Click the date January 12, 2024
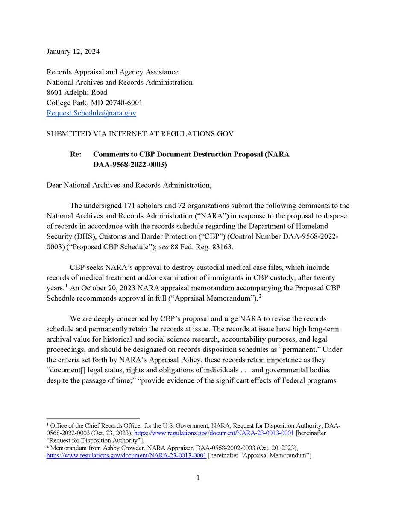[73, 52]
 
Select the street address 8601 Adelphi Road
[77, 92]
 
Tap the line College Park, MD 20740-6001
[94, 103]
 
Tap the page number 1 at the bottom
[198, 478]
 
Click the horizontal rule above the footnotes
[93, 419]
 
